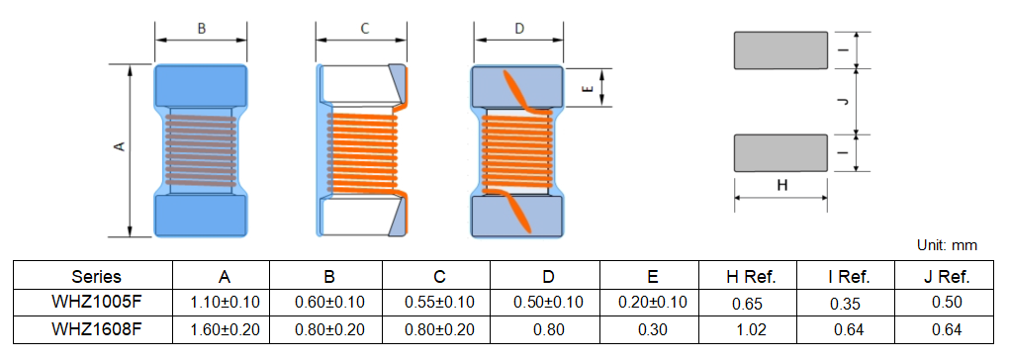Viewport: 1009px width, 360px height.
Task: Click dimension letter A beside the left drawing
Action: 119,148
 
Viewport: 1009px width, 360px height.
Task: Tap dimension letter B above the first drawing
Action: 202,29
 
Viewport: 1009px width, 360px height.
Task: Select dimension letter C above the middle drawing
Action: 364,29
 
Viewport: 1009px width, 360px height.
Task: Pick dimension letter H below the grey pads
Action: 781,186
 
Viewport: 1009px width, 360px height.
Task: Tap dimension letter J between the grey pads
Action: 844,102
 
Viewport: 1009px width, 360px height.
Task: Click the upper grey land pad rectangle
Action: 780,50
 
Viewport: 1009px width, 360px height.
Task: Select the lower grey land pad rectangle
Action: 780,153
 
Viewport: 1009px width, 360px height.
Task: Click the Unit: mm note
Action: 948,245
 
